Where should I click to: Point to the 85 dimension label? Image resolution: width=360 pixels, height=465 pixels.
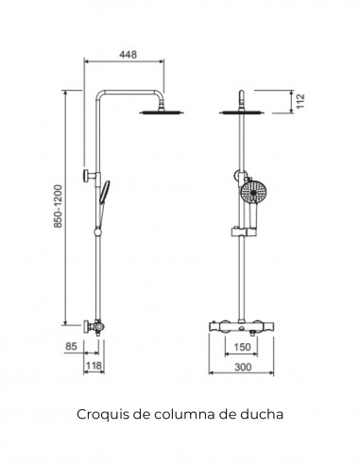[x=71, y=347]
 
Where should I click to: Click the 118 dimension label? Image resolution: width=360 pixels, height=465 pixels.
[x=94, y=365]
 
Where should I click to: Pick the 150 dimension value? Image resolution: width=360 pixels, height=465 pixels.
[x=244, y=347]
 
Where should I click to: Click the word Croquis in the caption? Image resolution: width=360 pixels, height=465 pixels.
[x=97, y=413]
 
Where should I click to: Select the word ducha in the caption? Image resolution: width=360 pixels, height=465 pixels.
[x=262, y=413]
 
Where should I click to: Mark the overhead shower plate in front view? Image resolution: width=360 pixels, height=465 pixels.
[x=244, y=114]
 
